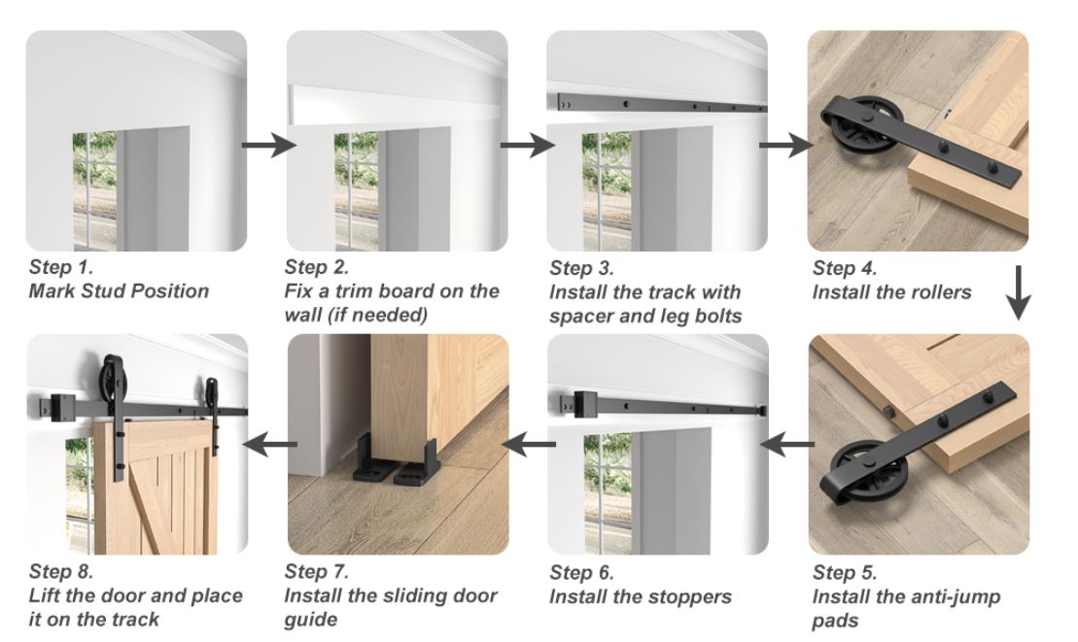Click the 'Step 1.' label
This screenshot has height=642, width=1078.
coord(60,267)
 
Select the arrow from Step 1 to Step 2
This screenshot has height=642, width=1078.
coord(269,145)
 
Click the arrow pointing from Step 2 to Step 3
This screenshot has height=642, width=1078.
coord(527,145)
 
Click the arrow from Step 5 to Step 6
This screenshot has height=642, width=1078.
coord(786,444)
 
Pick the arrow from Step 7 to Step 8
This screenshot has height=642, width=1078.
coord(270,444)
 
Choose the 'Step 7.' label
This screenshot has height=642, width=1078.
coord(316,572)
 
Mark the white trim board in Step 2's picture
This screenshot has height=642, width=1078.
coord(396,105)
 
